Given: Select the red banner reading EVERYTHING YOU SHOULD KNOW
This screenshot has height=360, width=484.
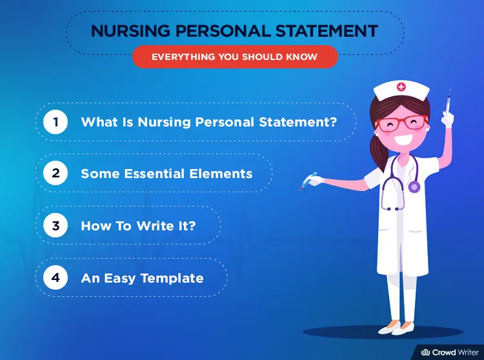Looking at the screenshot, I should [x=234, y=57].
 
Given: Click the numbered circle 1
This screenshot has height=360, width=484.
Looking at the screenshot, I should [x=55, y=122].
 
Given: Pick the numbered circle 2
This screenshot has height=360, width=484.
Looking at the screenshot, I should [x=55, y=174].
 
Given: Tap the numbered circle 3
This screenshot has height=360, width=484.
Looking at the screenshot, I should [x=55, y=226].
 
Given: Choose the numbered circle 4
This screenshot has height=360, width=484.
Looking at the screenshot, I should [x=55, y=278].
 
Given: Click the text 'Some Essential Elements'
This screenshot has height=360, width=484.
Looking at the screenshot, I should [x=166, y=174].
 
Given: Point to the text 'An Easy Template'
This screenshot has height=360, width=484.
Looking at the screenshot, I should [x=142, y=279].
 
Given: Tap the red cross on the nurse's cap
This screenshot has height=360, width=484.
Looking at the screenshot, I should [x=402, y=86].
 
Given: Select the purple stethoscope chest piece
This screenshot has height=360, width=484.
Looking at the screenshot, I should [x=414, y=187].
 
